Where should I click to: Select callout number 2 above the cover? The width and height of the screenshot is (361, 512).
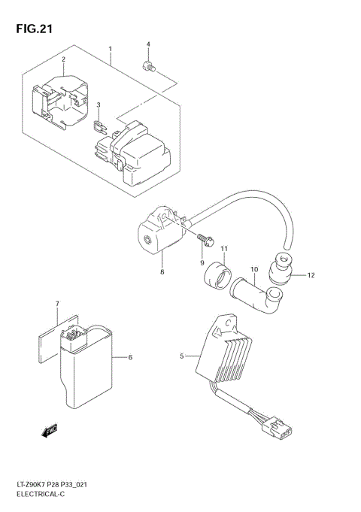pos(63,59)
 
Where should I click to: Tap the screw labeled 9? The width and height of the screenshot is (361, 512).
pos(205,241)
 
